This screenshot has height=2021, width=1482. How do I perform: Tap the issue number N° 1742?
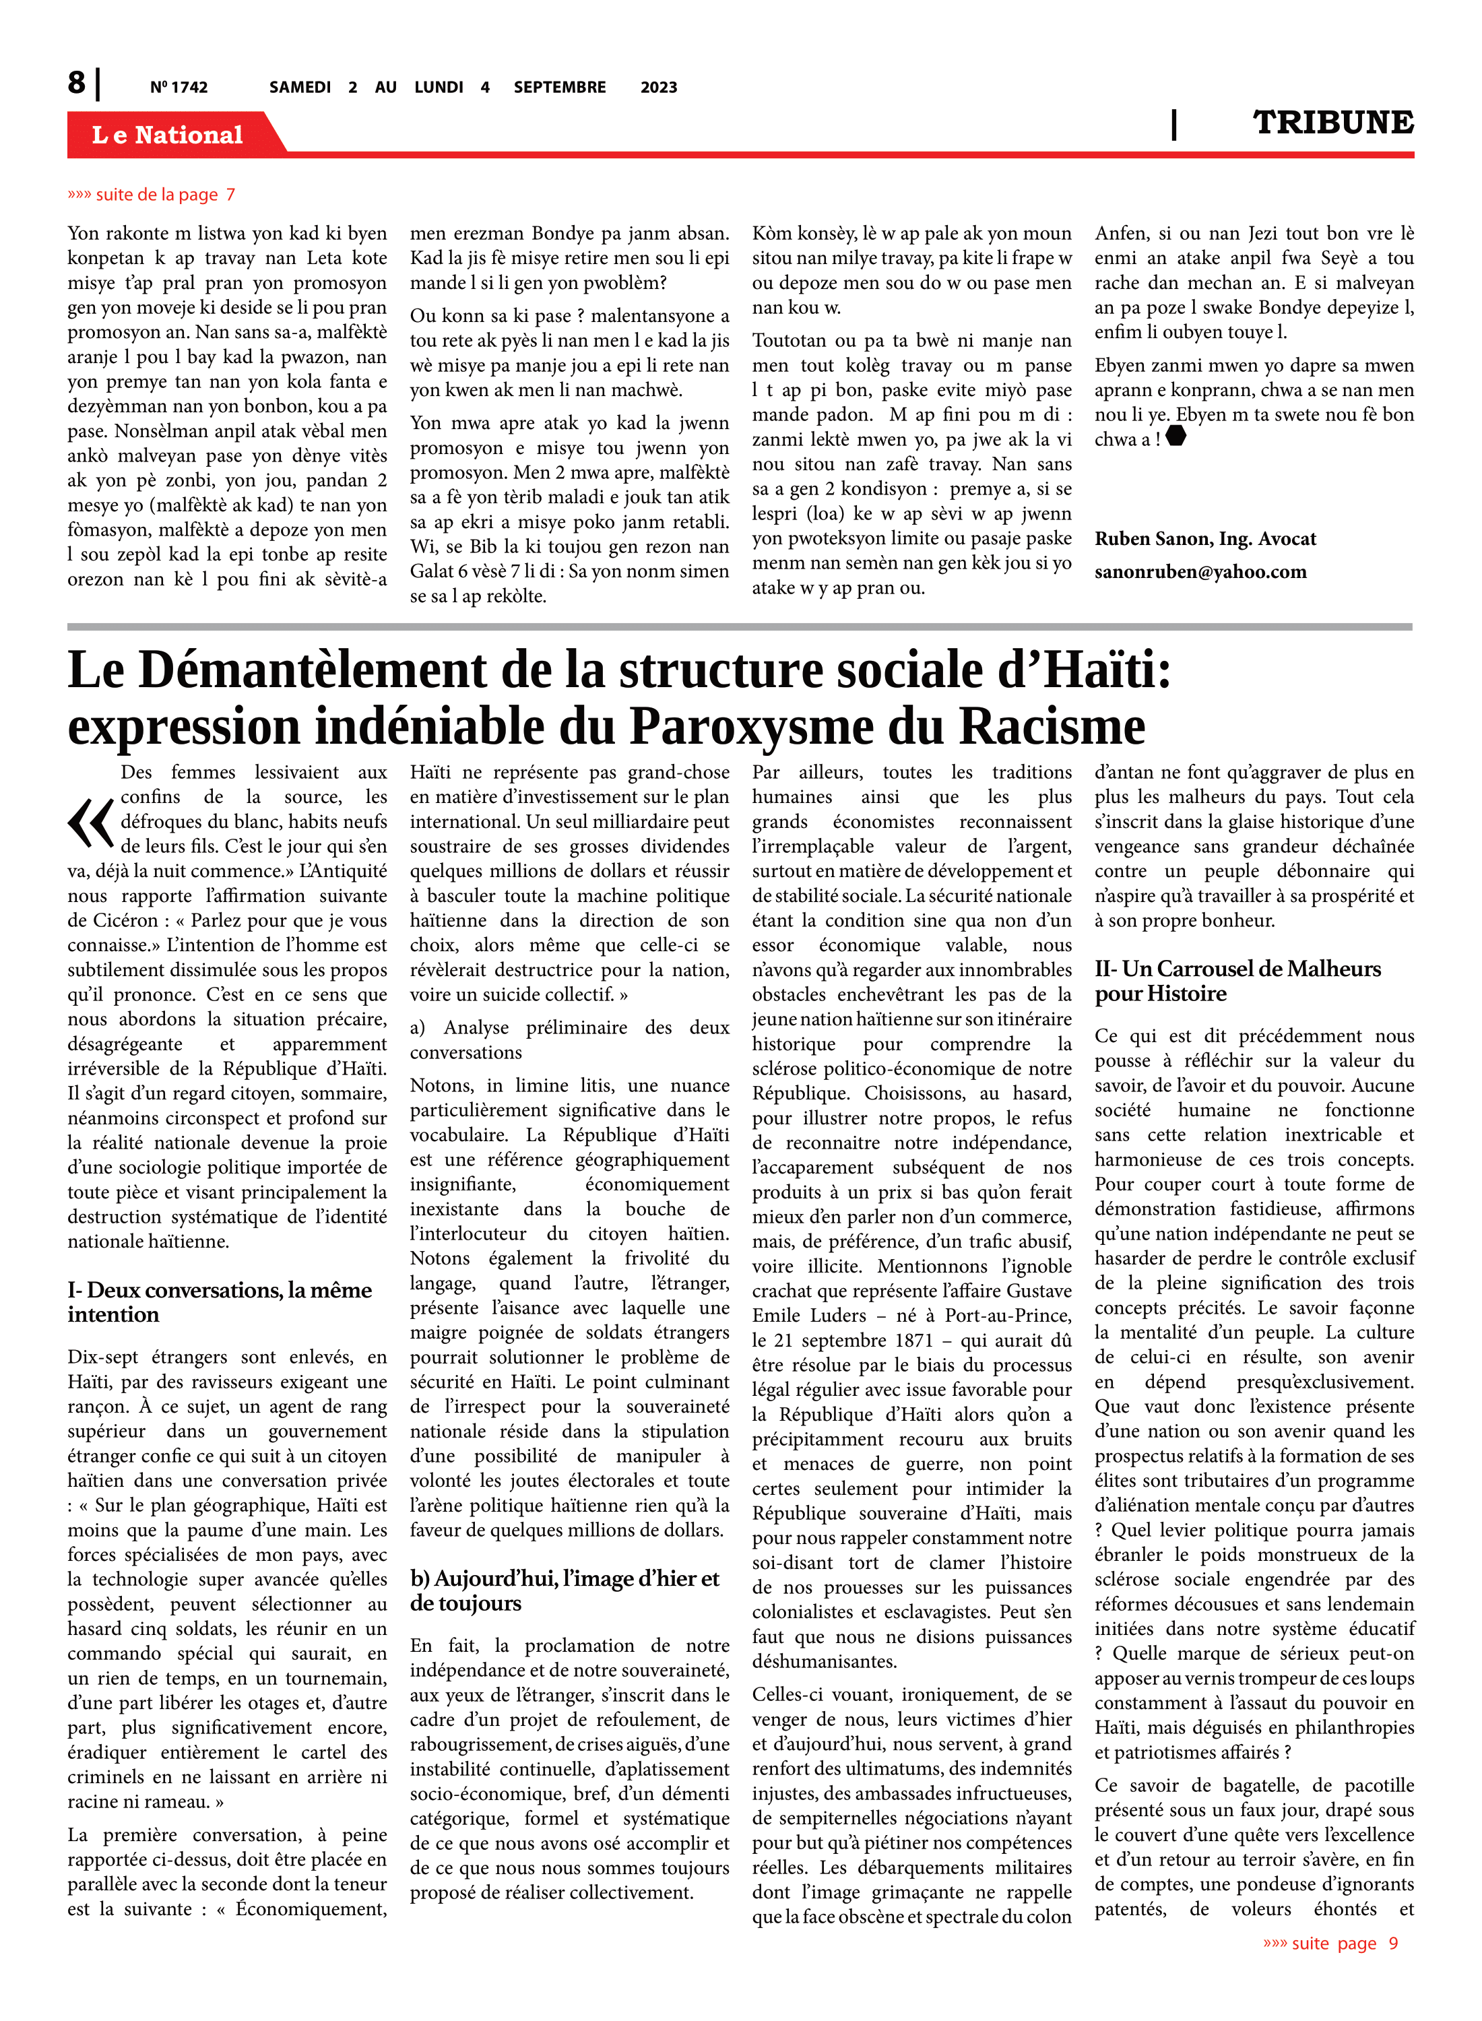click(179, 87)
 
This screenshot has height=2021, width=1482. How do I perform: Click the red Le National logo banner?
click(168, 135)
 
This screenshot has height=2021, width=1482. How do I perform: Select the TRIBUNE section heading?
click(1332, 123)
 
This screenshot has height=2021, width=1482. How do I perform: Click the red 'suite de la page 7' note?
click(152, 195)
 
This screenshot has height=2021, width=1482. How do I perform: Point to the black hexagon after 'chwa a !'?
click(1175, 437)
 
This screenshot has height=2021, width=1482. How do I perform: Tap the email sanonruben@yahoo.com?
click(1200, 573)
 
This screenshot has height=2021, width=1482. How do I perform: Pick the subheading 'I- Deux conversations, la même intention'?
click(219, 1302)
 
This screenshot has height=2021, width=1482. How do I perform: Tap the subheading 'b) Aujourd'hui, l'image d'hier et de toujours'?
click(565, 1591)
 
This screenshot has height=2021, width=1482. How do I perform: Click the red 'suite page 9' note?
click(1330, 1943)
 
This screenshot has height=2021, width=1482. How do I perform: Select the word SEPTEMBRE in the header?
click(560, 87)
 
